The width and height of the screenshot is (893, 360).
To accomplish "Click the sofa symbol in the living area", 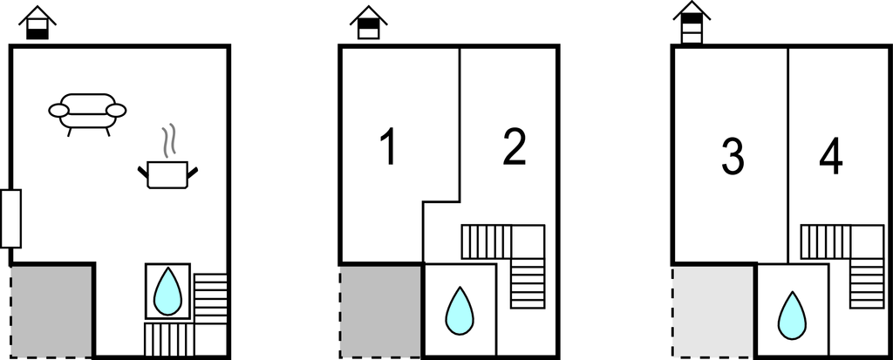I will (x=87, y=112).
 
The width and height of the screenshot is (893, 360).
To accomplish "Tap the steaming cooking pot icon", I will (x=167, y=173).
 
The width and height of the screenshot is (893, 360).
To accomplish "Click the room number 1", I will (x=388, y=146).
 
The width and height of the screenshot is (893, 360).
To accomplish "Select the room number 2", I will (x=515, y=146).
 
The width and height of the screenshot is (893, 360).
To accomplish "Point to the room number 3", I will (x=733, y=157).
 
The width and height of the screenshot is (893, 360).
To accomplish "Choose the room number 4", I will (x=831, y=157).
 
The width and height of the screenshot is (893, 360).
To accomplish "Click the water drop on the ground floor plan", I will (x=167, y=291).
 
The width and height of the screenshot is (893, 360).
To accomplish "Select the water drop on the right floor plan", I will (x=792, y=315).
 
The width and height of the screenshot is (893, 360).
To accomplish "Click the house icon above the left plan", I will (x=37, y=23).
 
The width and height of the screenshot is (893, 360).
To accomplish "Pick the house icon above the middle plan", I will (x=369, y=23).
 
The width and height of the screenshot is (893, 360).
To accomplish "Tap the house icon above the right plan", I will (x=692, y=23).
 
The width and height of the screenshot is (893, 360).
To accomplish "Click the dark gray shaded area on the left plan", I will (x=51, y=310).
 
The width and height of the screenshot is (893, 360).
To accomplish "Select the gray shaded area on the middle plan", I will (x=381, y=310).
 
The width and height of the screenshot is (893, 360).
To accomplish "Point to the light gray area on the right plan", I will (x=713, y=310).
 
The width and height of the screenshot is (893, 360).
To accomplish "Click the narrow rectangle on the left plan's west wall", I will (x=10, y=218).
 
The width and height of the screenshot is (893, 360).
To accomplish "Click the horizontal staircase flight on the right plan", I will (x=824, y=241).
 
